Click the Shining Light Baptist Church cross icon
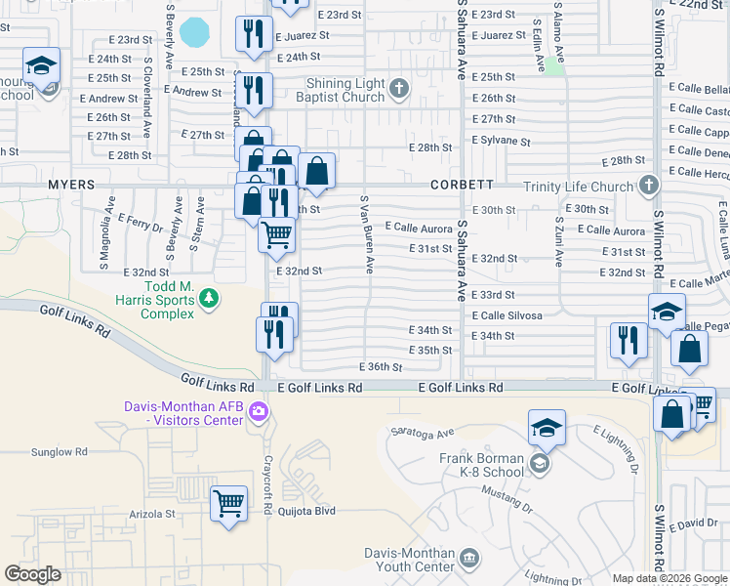[398, 90]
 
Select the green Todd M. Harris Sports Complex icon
[209, 305]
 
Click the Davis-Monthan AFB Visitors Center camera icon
[258, 410]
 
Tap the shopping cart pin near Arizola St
[228, 505]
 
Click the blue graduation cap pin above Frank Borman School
[547, 427]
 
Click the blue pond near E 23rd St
[195, 32]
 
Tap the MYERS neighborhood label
[70, 184]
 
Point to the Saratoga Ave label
[423, 432]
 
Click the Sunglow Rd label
[59, 452]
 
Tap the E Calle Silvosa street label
[507, 315]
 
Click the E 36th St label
[380, 367]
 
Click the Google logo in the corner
[32, 574]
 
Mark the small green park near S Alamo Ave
[554, 65]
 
